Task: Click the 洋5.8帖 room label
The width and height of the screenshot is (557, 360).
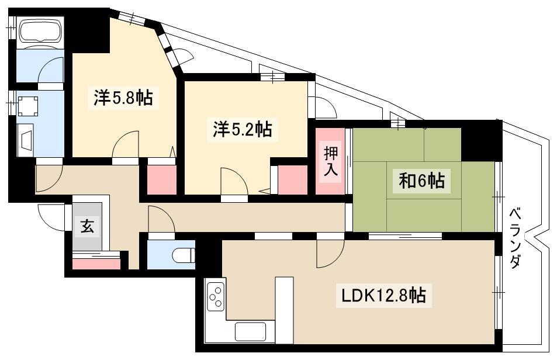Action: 123,98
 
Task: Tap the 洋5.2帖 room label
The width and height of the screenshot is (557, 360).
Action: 243,129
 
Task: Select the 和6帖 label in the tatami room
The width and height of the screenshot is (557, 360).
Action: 421,181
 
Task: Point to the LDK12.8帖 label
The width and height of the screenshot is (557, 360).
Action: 383,295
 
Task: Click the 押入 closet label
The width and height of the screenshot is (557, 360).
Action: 330,161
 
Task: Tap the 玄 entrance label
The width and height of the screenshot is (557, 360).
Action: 87,226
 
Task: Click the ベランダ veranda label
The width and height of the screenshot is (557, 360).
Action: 516,238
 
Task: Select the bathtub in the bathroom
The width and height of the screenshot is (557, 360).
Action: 40,32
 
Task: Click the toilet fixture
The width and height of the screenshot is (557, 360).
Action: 184,255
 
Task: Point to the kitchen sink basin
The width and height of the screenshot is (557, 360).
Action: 250,331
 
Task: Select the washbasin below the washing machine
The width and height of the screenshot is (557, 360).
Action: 26,140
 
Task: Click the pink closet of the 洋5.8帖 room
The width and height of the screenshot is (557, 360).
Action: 162,180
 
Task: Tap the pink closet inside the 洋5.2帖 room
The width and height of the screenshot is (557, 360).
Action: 292,180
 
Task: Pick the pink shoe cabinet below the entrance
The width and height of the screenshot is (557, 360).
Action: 96,264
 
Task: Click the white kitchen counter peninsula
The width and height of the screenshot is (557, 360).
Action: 284,310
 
